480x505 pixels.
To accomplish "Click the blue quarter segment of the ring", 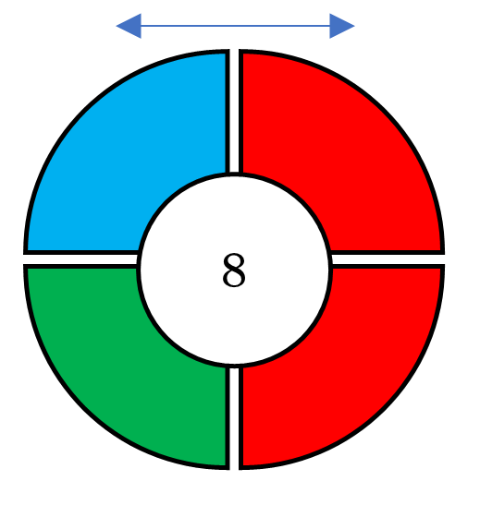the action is (106, 136).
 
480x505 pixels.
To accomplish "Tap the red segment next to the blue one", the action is (362, 136).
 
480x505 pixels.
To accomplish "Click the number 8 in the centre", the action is (234, 270).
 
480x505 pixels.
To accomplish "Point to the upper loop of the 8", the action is (234, 261).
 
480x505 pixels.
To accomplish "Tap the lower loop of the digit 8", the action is (234, 278).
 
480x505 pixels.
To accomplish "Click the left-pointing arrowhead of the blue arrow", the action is (129, 26).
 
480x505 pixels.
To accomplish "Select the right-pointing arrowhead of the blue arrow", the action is (342, 26).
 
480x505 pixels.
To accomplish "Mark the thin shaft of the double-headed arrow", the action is (236, 26).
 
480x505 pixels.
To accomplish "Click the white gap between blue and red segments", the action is (234, 111).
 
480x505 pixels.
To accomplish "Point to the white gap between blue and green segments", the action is (80, 259).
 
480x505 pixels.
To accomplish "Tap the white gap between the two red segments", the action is (388, 259).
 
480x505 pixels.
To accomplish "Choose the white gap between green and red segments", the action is (234, 418).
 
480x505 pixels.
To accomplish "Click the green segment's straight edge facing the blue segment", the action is (80, 266).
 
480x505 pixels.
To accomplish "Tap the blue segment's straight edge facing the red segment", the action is (228, 111).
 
